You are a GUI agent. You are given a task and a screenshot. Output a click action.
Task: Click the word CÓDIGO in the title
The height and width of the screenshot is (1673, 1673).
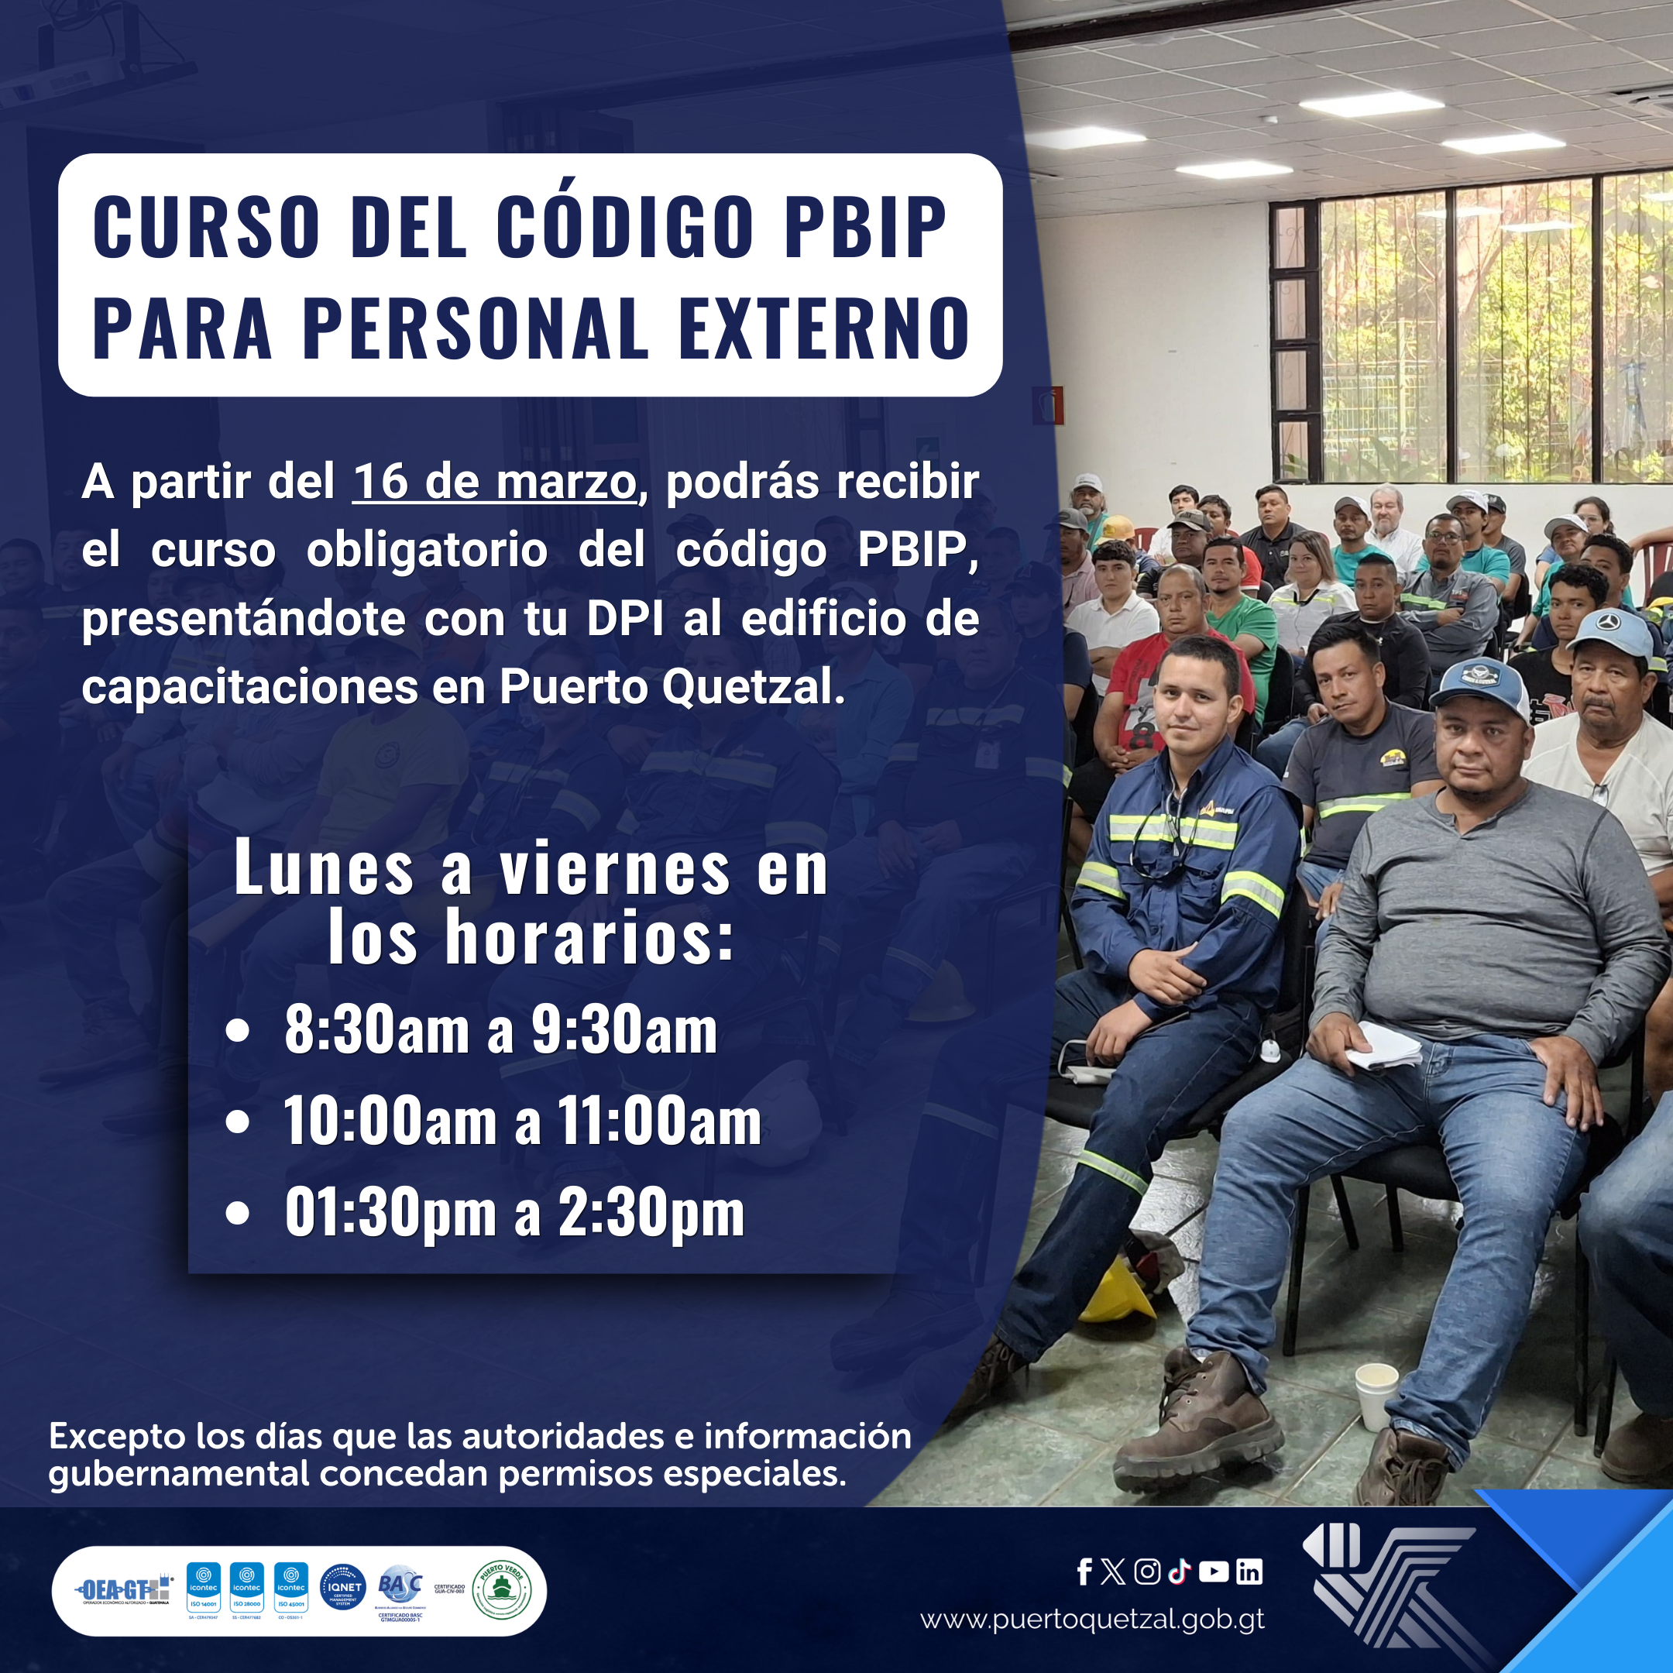click(x=624, y=226)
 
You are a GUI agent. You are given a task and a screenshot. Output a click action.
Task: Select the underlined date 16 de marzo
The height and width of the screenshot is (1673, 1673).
click(x=494, y=483)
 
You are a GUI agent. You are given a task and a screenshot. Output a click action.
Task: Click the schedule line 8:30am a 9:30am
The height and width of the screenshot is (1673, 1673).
click(x=500, y=1030)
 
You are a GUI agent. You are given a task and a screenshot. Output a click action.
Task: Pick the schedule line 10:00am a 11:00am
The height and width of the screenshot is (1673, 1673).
click(x=522, y=1122)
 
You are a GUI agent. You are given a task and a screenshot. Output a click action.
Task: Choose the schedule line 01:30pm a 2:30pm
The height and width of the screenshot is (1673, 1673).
click(x=514, y=1212)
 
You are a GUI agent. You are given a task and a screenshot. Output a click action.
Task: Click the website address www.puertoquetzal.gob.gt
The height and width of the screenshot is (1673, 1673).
click(x=1092, y=1620)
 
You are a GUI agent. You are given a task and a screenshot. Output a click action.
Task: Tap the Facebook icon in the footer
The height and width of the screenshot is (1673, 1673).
click(x=1084, y=1572)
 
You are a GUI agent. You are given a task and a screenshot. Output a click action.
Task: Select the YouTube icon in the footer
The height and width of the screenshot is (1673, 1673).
click(x=1214, y=1572)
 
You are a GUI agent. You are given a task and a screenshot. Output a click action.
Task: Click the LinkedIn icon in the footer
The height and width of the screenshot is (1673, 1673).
click(x=1249, y=1572)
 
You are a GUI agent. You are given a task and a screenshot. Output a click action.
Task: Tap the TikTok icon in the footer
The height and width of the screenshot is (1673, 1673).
click(x=1180, y=1572)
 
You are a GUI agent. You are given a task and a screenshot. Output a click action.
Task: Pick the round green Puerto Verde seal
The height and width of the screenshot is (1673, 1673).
click(x=501, y=1590)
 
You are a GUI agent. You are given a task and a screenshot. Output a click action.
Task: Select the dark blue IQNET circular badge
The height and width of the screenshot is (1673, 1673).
click(x=343, y=1588)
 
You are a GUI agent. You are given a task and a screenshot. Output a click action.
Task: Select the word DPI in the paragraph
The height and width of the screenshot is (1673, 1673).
click(x=624, y=619)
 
